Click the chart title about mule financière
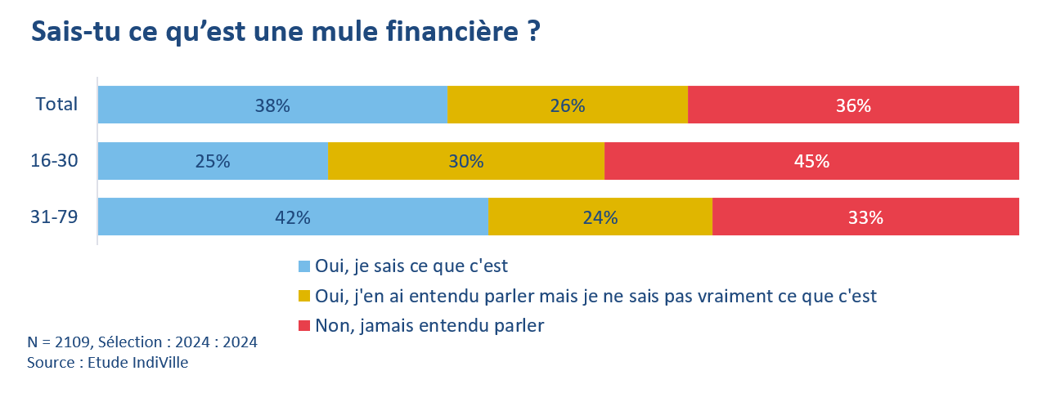click(285, 33)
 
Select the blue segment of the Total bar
click(272, 105)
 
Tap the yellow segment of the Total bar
click(568, 105)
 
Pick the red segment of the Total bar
click(853, 105)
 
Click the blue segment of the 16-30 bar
click(213, 161)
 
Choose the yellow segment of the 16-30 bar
click(466, 161)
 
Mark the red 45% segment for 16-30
click(811, 161)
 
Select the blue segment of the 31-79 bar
click(293, 217)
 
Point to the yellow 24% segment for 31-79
click(600, 217)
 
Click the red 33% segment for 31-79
click(865, 217)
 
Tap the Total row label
click(56, 105)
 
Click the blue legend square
click(304, 266)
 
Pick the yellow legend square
click(304, 296)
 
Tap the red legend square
click(304, 326)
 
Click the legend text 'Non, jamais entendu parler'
click(429, 325)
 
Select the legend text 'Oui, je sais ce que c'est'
click(411, 266)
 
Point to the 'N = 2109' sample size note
click(142, 342)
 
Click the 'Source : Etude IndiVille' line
click(107, 363)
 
